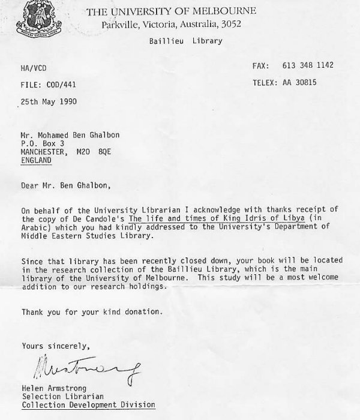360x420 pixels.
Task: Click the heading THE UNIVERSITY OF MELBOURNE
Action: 170,11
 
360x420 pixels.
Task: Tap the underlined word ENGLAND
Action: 36,161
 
